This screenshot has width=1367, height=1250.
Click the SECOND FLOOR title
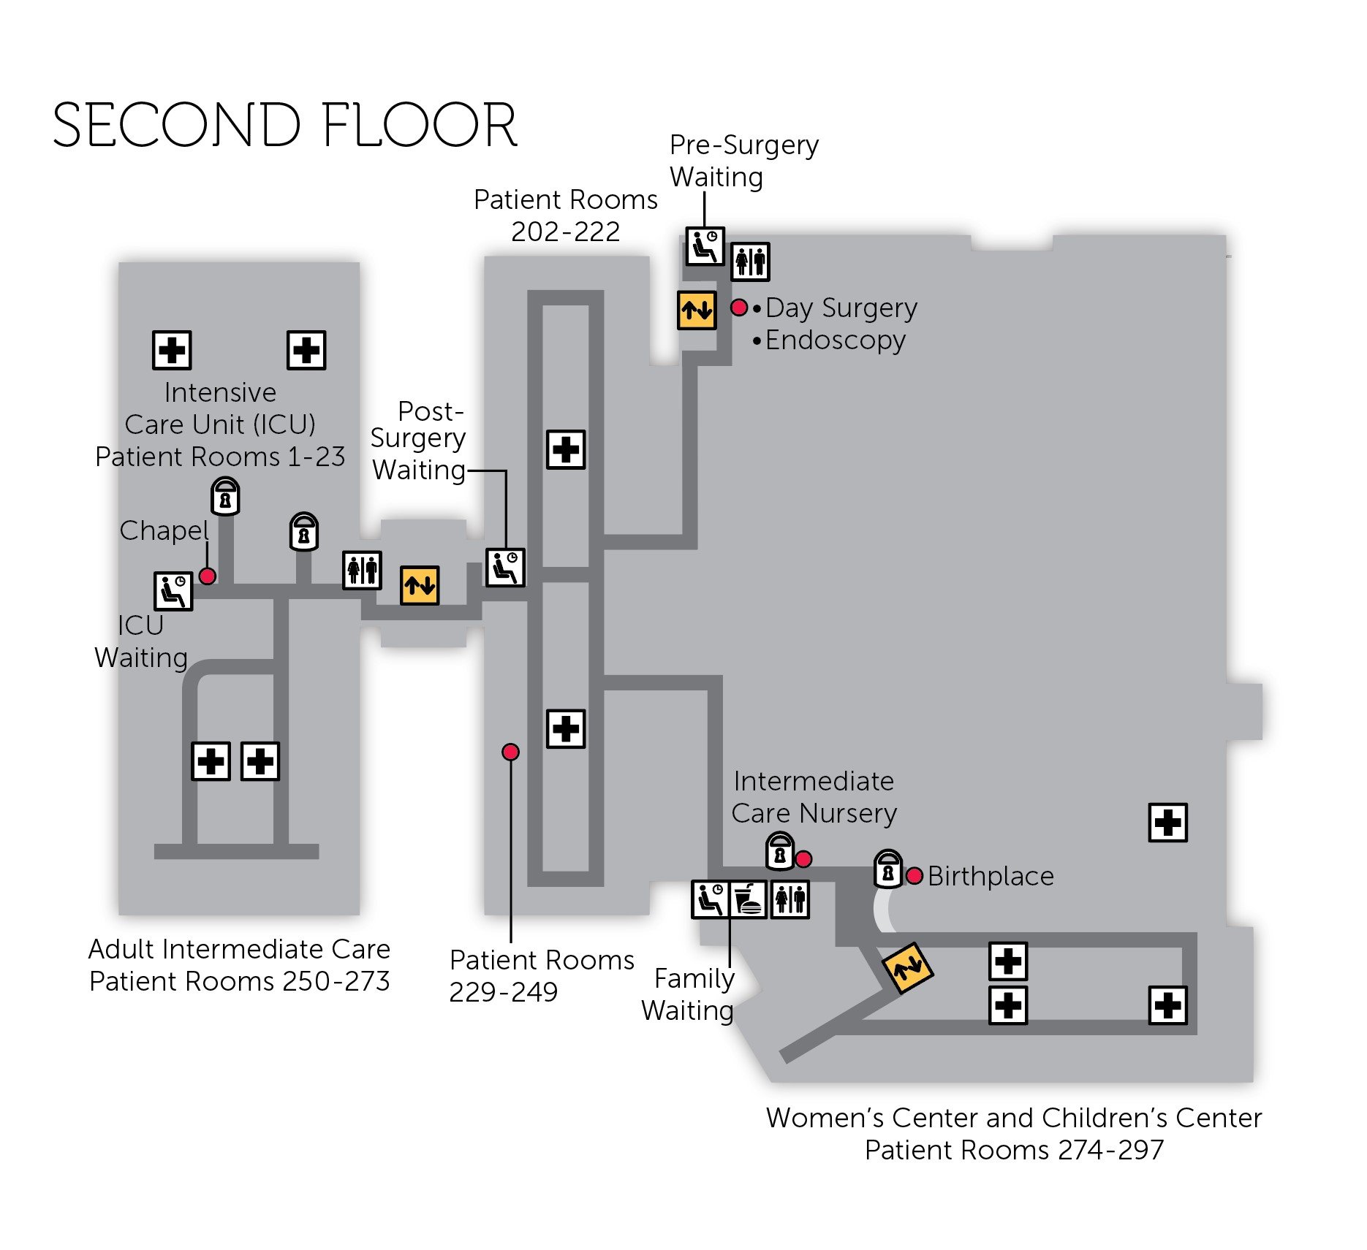285,125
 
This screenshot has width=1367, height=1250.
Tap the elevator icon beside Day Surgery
696,310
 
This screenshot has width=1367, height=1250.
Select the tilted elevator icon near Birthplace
907,967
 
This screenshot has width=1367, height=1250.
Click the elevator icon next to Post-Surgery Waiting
420,585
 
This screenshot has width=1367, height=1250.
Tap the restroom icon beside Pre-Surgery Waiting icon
750,261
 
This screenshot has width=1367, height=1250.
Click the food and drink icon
747,899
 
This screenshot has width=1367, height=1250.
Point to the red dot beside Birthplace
914,875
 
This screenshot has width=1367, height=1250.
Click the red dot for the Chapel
208,576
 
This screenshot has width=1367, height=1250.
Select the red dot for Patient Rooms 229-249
510,752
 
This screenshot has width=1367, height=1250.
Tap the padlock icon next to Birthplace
887,869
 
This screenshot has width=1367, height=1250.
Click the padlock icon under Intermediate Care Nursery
779,851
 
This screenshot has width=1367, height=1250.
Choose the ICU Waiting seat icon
173,590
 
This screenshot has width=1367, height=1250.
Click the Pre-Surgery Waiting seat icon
705,245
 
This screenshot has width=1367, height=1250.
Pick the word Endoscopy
835,340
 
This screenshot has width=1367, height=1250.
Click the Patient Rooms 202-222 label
565,215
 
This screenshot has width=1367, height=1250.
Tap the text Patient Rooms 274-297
1013,1149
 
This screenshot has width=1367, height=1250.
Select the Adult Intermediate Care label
239,949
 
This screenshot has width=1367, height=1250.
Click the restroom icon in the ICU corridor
362,570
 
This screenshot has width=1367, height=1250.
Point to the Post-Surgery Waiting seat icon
505,567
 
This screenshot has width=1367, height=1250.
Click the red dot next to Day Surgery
739,308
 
